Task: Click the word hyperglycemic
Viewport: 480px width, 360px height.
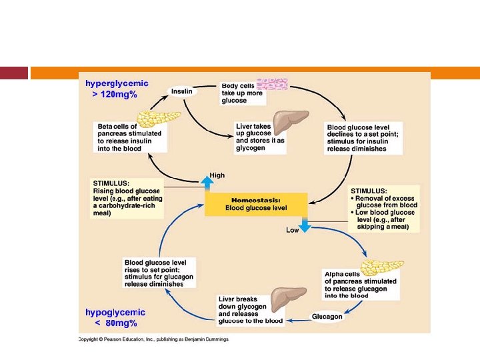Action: point(117,84)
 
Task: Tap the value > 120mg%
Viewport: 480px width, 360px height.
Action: point(115,95)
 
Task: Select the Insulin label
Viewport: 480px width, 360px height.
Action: point(182,91)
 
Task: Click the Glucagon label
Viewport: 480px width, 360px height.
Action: point(327,316)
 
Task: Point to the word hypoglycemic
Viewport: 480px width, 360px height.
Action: point(115,312)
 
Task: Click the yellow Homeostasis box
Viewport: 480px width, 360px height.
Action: point(256,204)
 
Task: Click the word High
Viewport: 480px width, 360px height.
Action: point(217,175)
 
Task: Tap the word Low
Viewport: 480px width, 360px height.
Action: point(292,230)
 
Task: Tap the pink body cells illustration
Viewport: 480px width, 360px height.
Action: point(272,84)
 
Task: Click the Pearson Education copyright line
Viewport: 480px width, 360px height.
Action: point(153,339)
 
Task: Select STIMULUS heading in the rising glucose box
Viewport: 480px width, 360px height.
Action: point(111,183)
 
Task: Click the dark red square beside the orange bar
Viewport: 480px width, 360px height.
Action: point(14,73)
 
